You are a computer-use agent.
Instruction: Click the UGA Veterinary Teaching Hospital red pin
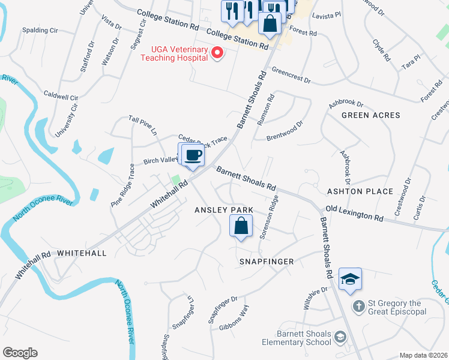pyautogui.click(x=217, y=53)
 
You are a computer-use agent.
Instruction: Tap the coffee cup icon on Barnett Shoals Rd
pyautogui.click(x=193, y=155)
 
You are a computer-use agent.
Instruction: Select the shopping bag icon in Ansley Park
pyautogui.click(x=241, y=226)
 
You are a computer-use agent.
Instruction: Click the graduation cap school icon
pyautogui.click(x=350, y=279)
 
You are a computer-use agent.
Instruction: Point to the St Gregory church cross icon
pyautogui.click(x=358, y=307)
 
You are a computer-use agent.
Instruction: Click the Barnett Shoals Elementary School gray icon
pyautogui.click(x=340, y=336)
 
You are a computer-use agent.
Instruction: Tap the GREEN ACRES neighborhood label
pyautogui.click(x=370, y=115)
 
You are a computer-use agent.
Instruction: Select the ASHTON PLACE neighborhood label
pyautogui.click(x=360, y=191)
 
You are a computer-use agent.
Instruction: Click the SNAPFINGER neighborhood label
pyautogui.click(x=267, y=262)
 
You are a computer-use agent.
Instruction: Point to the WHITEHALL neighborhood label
pyautogui.click(x=82, y=253)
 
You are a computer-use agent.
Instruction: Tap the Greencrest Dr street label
pyautogui.click(x=291, y=76)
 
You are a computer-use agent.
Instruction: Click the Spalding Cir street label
pyautogui.click(x=40, y=29)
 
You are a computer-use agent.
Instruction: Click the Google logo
pyautogui.click(x=20, y=353)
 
